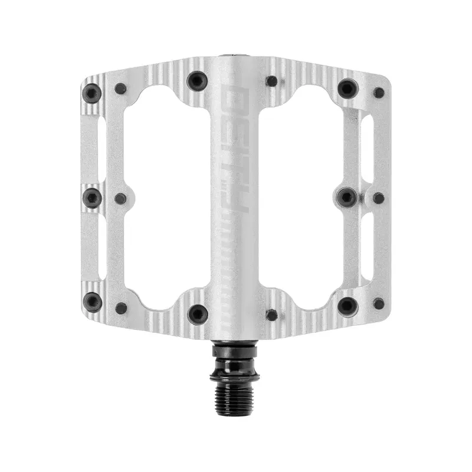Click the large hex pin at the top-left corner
[x=91, y=93]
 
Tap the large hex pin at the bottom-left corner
[x=92, y=301]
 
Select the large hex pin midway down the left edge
[x=92, y=198]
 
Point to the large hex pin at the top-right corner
[x=348, y=88]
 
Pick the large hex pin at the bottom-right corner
[x=348, y=306]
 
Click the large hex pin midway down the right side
[x=347, y=197]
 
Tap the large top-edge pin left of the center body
[x=197, y=81]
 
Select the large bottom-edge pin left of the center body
[x=197, y=313]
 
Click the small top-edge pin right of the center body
[x=272, y=81]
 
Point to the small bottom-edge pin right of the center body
[x=272, y=314]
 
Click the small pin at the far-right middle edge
[x=379, y=198]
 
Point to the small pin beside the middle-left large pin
[x=120, y=199]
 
